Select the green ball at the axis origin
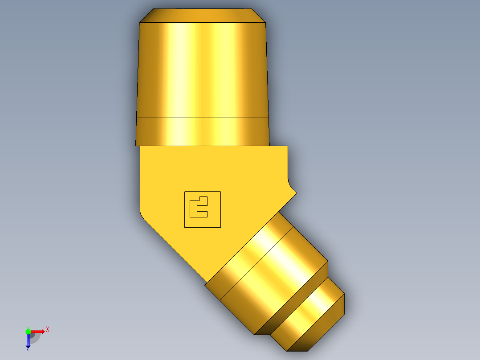point(28,331)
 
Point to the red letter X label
point(47,329)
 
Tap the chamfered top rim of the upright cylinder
point(203,16)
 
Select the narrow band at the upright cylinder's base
point(203,132)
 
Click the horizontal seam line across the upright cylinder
point(203,118)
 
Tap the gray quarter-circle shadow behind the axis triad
point(35,338)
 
